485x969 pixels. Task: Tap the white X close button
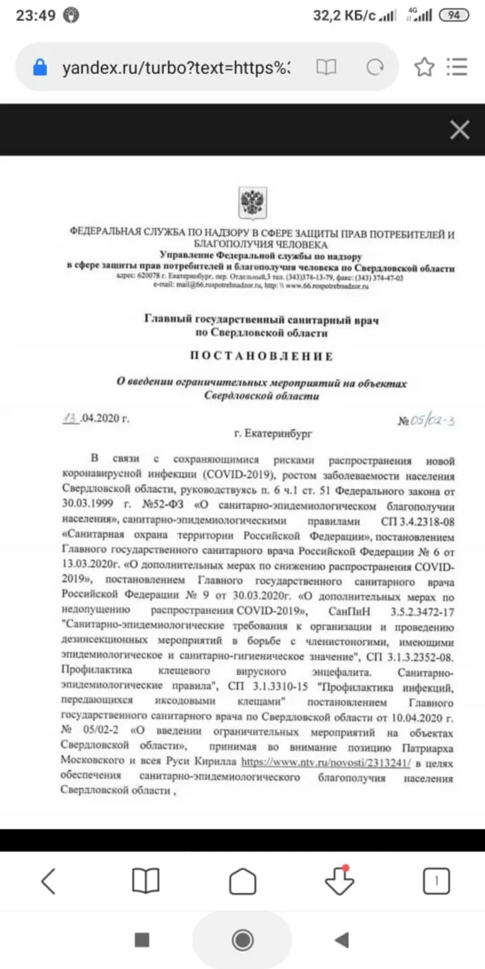click(x=459, y=130)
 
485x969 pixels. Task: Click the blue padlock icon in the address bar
click(x=40, y=68)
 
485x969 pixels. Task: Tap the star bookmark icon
click(x=424, y=67)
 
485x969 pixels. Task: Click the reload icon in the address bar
click(x=375, y=68)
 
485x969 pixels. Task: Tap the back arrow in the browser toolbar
click(x=48, y=881)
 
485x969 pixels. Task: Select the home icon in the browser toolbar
click(x=243, y=882)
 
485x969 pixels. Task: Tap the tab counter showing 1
click(x=436, y=882)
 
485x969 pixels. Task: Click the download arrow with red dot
click(x=339, y=881)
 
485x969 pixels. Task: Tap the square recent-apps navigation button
click(x=142, y=939)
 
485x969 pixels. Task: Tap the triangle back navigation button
click(x=342, y=939)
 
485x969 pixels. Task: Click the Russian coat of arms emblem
click(x=253, y=202)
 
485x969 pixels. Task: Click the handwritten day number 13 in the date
click(x=70, y=418)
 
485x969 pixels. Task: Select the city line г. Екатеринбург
click(x=273, y=434)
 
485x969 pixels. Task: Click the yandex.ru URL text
click(x=176, y=68)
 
